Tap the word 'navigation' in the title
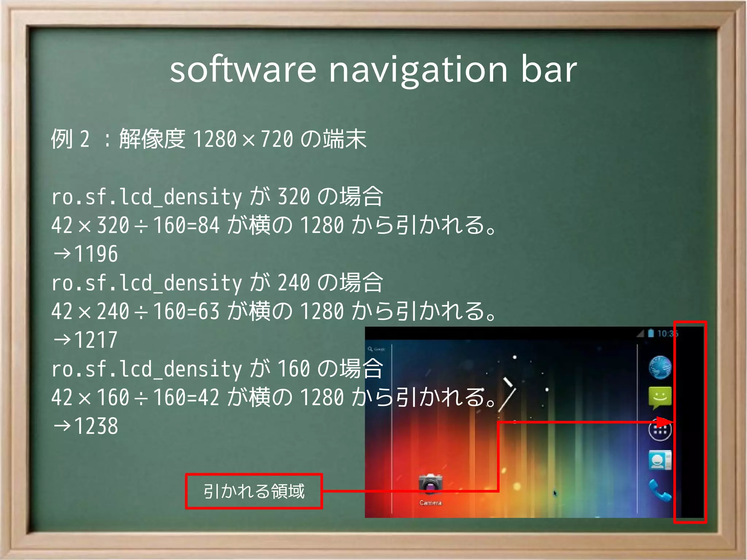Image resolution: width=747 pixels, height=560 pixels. [418, 70]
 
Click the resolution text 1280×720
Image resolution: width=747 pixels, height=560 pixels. [243, 139]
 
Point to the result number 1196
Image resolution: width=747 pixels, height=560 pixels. [96, 254]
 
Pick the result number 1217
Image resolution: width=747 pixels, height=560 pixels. [96, 340]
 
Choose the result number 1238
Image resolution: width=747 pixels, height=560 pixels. [96, 426]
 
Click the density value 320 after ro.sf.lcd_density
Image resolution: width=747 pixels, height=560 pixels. [294, 197]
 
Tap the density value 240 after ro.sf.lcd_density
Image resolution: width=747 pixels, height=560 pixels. [294, 283]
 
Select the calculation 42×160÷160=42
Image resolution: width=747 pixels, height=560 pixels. [135, 398]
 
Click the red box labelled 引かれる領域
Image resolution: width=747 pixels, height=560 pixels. [254, 491]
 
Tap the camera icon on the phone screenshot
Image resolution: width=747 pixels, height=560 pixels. [430, 484]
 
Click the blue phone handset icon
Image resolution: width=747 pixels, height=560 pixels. [660, 491]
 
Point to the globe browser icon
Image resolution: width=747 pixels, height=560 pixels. [660, 367]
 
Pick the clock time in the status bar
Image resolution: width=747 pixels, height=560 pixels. [667, 333]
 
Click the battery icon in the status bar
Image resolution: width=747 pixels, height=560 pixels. [651, 333]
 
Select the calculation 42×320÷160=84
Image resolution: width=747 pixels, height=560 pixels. [135, 225]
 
